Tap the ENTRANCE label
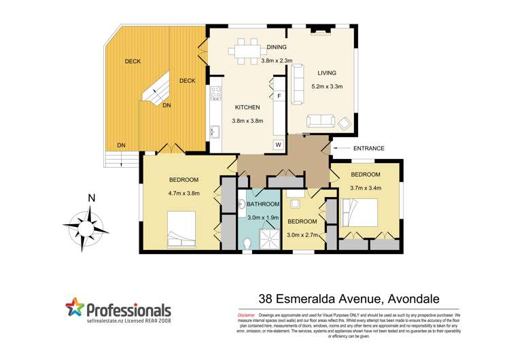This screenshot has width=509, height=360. [x=369, y=148]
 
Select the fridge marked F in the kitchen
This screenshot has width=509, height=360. [x=279, y=96]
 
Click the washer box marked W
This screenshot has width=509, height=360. [x=278, y=145]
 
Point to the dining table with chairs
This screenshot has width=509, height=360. [x=245, y=48]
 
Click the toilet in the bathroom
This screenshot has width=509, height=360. [x=247, y=242]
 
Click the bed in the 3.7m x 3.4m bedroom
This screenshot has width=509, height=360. [x=358, y=211]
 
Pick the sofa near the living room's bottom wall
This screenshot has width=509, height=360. [x=321, y=122]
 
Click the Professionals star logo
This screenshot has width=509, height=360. [x=75, y=309]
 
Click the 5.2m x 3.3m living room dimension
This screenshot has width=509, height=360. [x=328, y=86]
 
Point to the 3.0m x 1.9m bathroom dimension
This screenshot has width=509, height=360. [x=263, y=217]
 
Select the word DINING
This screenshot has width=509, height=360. [x=277, y=47]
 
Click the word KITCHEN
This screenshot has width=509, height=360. [x=247, y=107]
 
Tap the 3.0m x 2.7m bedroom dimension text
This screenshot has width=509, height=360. [x=302, y=234]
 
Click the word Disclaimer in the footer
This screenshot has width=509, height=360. [x=246, y=316]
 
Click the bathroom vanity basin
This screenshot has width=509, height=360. [x=243, y=206]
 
